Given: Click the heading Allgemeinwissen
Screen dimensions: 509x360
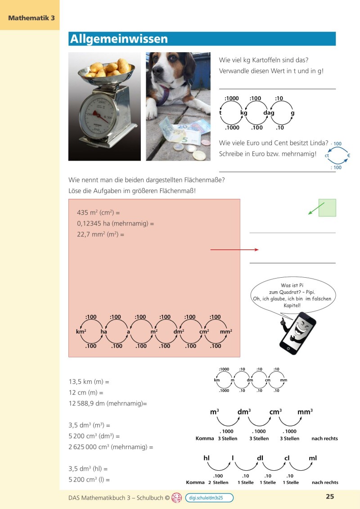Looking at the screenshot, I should [119, 39].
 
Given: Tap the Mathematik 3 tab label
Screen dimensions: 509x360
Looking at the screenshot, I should [31, 18].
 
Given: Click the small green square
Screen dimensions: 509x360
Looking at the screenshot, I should [327, 207].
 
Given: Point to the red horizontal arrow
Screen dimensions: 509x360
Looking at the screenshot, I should [234, 249].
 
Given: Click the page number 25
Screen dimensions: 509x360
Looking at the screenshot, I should [330, 497].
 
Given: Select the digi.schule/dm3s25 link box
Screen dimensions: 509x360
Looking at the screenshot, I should [209, 497].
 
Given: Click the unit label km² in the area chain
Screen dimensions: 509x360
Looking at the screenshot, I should [81, 332].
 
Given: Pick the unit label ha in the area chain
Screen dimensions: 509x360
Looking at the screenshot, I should [104, 332].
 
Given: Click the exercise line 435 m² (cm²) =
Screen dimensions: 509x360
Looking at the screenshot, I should [99, 212].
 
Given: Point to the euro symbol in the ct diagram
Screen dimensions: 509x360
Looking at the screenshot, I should [348, 156].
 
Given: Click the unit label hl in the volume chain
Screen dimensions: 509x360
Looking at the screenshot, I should [207, 458].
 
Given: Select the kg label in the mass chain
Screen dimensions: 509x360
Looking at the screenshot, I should [244, 113].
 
